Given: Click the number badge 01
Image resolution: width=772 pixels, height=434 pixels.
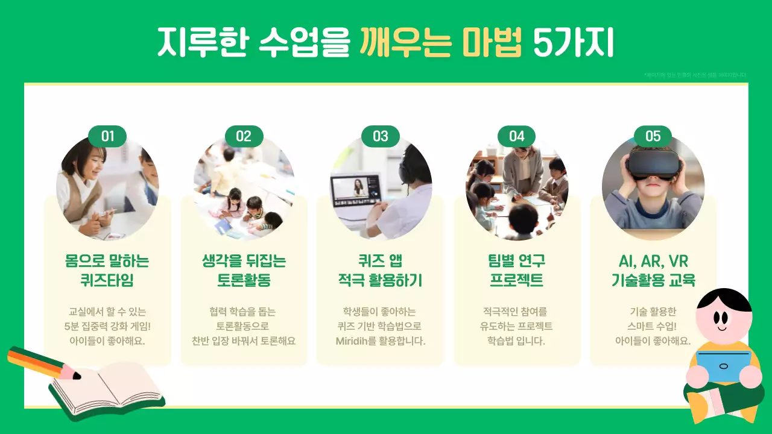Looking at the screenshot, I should coord(107,136).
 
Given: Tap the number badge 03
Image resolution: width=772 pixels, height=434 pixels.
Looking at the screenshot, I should coord(381,136).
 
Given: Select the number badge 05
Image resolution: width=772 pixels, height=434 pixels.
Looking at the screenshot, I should coord(653,136).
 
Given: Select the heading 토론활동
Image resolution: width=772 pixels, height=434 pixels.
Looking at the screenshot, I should coord(244,281).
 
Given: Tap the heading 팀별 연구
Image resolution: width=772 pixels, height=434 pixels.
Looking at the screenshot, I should coord(516,262).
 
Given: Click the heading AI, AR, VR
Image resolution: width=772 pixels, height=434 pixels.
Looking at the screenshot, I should coord(653,262).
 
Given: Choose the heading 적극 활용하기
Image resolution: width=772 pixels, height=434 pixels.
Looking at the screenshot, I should coord(380,281).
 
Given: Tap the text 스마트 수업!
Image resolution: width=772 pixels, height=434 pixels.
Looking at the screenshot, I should coord(653,326).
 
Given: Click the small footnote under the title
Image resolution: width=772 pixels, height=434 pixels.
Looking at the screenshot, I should coord(695,75).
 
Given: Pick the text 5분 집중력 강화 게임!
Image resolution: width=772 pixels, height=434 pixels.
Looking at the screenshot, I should coord(107,326).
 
